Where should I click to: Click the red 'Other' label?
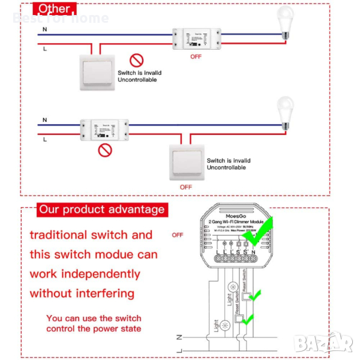[55, 9]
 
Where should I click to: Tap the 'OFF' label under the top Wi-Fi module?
[196, 56]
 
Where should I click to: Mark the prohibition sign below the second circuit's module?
[105, 150]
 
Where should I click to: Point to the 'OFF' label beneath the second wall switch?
[186, 187]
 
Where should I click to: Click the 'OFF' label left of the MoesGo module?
[177, 235]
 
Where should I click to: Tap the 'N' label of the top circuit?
[45, 29]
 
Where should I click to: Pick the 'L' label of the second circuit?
[45, 139]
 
